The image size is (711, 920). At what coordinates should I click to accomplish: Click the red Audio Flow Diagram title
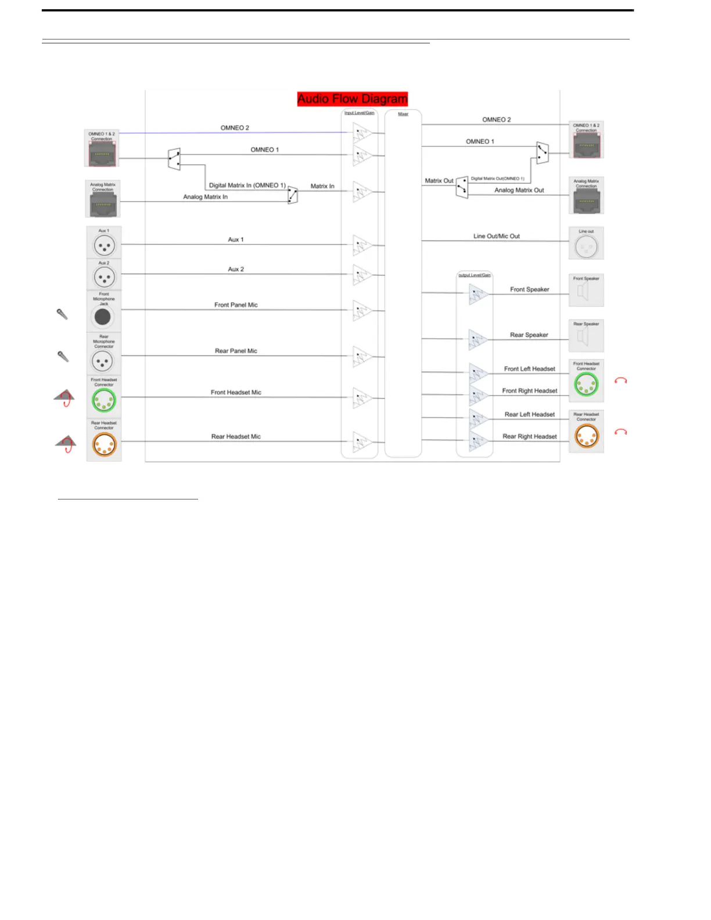tap(352, 99)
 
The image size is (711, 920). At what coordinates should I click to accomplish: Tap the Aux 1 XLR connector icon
tap(104, 246)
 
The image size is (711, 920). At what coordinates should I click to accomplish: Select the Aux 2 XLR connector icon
tap(104, 278)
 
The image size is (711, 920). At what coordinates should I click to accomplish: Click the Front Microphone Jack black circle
tap(103, 317)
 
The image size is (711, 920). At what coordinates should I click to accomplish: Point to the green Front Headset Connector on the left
tap(104, 400)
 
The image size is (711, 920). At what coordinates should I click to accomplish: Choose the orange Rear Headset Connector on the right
tap(586, 436)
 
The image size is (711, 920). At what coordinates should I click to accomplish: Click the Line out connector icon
tap(586, 247)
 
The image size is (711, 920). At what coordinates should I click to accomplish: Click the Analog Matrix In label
tap(205, 197)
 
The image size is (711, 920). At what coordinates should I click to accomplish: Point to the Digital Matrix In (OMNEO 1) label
tap(247, 185)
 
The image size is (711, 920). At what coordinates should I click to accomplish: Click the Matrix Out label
tap(439, 181)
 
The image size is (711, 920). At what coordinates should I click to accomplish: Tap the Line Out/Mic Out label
tap(496, 236)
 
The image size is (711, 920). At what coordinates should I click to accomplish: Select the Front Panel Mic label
tap(236, 305)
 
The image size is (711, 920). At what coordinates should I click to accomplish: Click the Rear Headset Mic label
tap(236, 437)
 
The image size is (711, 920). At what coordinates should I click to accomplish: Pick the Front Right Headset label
tap(529, 391)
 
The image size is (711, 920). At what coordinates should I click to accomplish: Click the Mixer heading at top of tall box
tap(403, 114)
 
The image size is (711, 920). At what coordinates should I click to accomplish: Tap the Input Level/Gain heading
tap(359, 113)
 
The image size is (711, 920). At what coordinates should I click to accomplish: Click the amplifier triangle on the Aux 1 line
tap(362, 245)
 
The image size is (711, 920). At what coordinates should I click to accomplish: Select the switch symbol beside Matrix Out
tap(462, 187)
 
